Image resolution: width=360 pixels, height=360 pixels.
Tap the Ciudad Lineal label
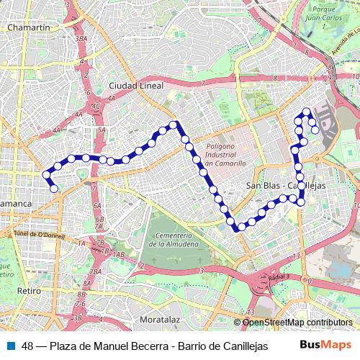[136, 85]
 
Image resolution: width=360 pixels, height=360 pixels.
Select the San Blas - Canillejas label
[286, 185]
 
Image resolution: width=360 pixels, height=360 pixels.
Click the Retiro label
[29, 291]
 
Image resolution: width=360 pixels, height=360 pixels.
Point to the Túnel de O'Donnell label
[40, 235]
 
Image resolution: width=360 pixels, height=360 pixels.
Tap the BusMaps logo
[326, 346]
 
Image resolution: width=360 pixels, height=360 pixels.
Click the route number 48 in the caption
[28, 346]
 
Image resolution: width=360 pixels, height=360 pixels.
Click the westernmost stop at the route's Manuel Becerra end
[46, 175]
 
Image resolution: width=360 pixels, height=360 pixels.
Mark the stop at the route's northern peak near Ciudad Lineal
[173, 125]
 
